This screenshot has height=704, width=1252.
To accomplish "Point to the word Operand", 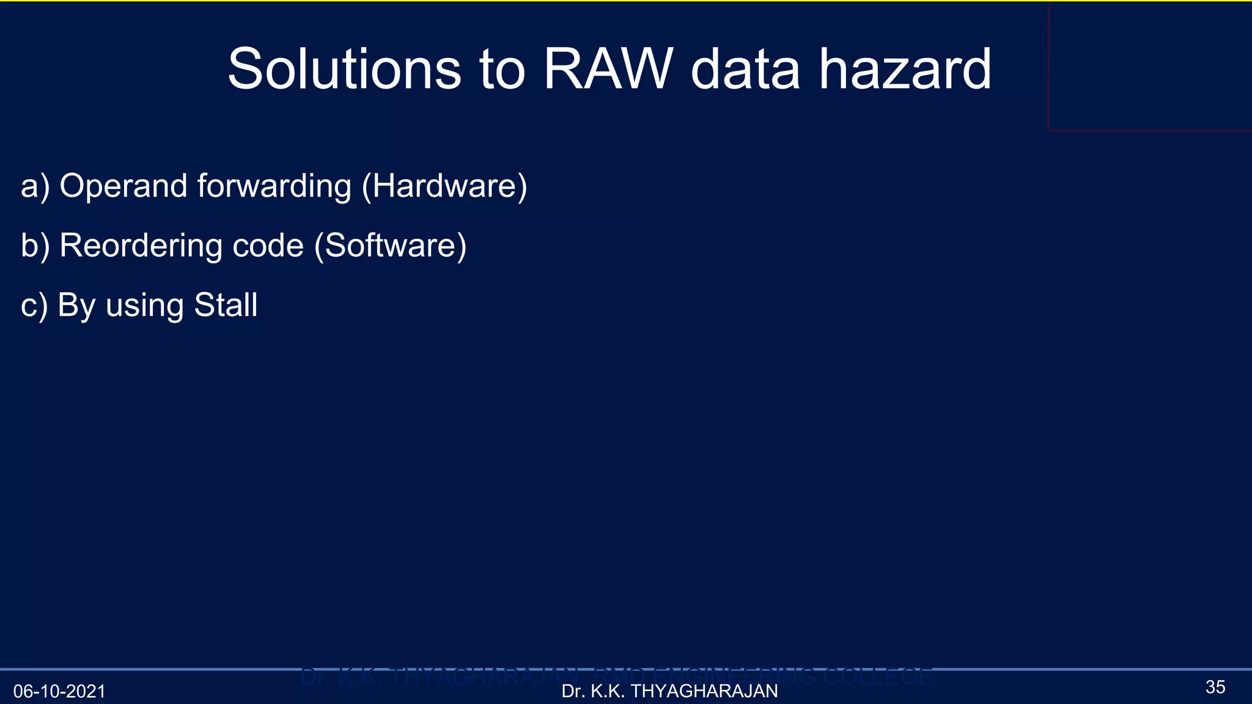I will point(123,186).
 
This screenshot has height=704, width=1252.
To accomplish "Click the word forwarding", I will point(274,186).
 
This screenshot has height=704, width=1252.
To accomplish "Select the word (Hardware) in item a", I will point(444,186).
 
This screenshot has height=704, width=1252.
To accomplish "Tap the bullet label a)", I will point(35,186).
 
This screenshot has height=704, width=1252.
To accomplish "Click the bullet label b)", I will point(35,246).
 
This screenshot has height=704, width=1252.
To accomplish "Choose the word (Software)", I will point(390,246).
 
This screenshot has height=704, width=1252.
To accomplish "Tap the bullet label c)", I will point(34,306).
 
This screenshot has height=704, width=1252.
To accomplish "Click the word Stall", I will point(226,305).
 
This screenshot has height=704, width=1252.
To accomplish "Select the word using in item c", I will point(144,306).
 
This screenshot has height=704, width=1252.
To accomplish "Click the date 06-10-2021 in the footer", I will point(59,691).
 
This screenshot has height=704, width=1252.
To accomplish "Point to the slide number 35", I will point(1215,687).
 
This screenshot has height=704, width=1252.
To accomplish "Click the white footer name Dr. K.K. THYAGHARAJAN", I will point(669,691).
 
